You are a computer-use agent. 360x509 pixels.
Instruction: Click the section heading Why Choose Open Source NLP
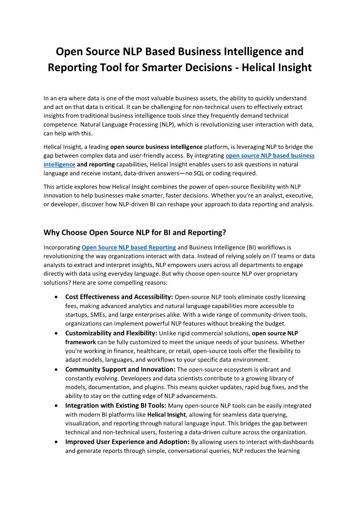coord(135,233)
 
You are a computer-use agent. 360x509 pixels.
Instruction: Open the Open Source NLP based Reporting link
coord(129,247)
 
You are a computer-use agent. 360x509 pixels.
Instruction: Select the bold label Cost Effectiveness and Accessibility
coord(119,297)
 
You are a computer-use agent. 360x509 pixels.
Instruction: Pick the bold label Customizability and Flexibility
coord(111,333)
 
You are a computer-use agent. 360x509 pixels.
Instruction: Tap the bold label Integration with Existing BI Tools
coord(116,405)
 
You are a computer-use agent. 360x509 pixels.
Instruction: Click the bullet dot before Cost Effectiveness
coord(55,297)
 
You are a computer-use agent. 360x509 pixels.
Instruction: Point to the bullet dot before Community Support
coord(55,370)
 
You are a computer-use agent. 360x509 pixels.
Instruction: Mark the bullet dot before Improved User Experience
coord(55,442)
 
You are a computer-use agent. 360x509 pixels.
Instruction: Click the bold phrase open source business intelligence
coord(156,147)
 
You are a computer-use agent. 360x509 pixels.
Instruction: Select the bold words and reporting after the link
coord(96,164)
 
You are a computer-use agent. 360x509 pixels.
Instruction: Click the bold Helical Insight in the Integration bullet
coord(166,414)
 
